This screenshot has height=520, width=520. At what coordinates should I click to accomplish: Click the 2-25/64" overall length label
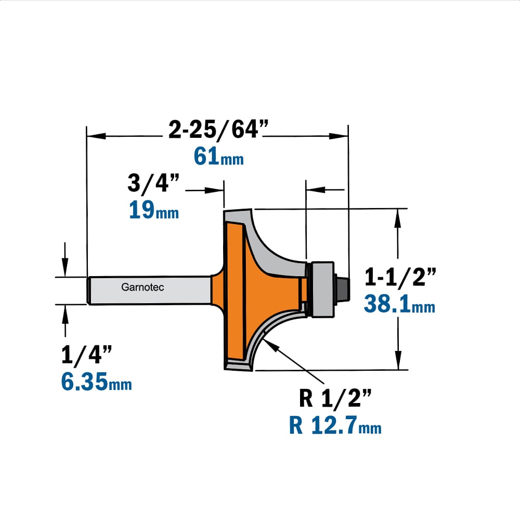(218, 129)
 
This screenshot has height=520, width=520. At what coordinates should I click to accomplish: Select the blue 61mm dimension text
(218, 156)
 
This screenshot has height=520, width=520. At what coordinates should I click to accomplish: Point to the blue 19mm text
(153, 210)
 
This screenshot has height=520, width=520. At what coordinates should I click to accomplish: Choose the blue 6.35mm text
(97, 381)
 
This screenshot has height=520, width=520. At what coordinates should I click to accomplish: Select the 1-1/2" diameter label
(400, 277)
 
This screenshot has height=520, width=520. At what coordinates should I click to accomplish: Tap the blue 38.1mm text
(399, 304)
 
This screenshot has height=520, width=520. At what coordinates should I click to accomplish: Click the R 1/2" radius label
(335, 398)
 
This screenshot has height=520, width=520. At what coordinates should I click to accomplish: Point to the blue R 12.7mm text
(335, 425)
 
